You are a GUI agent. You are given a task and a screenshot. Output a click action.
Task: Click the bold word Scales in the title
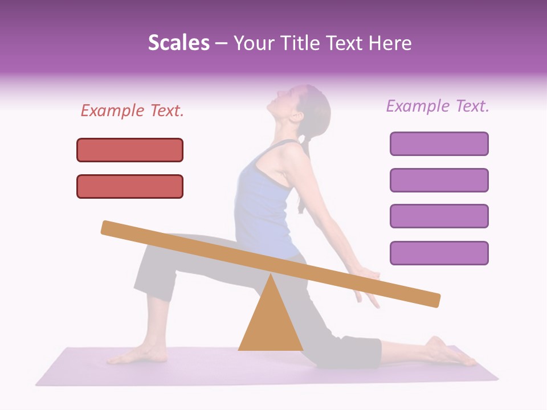pyautogui.click(x=178, y=43)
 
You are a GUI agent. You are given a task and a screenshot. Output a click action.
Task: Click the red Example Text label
pyautogui.click(x=132, y=111)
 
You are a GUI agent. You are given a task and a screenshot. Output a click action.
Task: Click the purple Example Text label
pyautogui.click(x=438, y=106)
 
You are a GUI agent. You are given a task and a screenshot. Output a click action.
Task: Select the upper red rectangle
pyautogui.click(x=130, y=150)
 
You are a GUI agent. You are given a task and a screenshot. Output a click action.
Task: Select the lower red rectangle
pyautogui.click(x=130, y=186)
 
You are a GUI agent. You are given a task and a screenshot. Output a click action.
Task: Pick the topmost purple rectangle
pyautogui.click(x=439, y=143)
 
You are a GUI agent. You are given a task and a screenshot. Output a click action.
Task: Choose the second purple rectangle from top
pyautogui.click(x=439, y=180)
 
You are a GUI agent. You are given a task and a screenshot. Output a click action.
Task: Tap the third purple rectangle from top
pyautogui.click(x=439, y=216)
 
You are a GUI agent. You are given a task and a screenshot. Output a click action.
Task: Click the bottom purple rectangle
pyautogui.click(x=439, y=253)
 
